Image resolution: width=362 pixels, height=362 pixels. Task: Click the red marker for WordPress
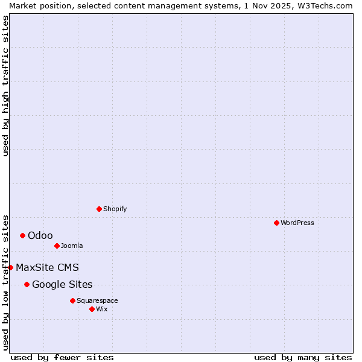tap(276, 223)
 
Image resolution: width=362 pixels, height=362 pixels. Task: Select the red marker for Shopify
tap(99, 209)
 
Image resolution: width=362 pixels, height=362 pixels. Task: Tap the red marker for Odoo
tap(22, 235)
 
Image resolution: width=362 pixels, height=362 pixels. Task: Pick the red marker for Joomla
tap(57, 246)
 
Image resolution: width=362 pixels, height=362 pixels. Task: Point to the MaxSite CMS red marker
tap(10, 267)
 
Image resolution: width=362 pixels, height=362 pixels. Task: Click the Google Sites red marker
tap(27, 284)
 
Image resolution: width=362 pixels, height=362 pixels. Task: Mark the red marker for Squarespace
tap(72, 300)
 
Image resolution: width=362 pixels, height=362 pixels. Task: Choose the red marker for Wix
tap(92, 309)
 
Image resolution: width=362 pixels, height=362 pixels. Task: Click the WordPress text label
tap(297, 223)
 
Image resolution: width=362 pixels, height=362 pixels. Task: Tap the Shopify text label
tap(115, 209)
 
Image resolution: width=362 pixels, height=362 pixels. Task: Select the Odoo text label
tap(40, 235)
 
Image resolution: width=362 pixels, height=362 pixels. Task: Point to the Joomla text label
tap(72, 246)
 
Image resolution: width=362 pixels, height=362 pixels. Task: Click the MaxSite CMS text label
tap(47, 267)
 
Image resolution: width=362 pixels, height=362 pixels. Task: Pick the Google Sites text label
tap(62, 284)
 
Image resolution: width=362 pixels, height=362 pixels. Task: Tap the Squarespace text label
tap(97, 300)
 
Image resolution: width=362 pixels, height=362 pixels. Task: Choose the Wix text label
tap(102, 309)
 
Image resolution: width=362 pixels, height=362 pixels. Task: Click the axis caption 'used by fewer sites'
tap(62, 357)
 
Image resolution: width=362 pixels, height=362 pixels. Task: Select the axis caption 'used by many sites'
tap(303, 357)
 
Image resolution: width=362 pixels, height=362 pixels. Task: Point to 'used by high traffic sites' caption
tap(5, 86)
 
